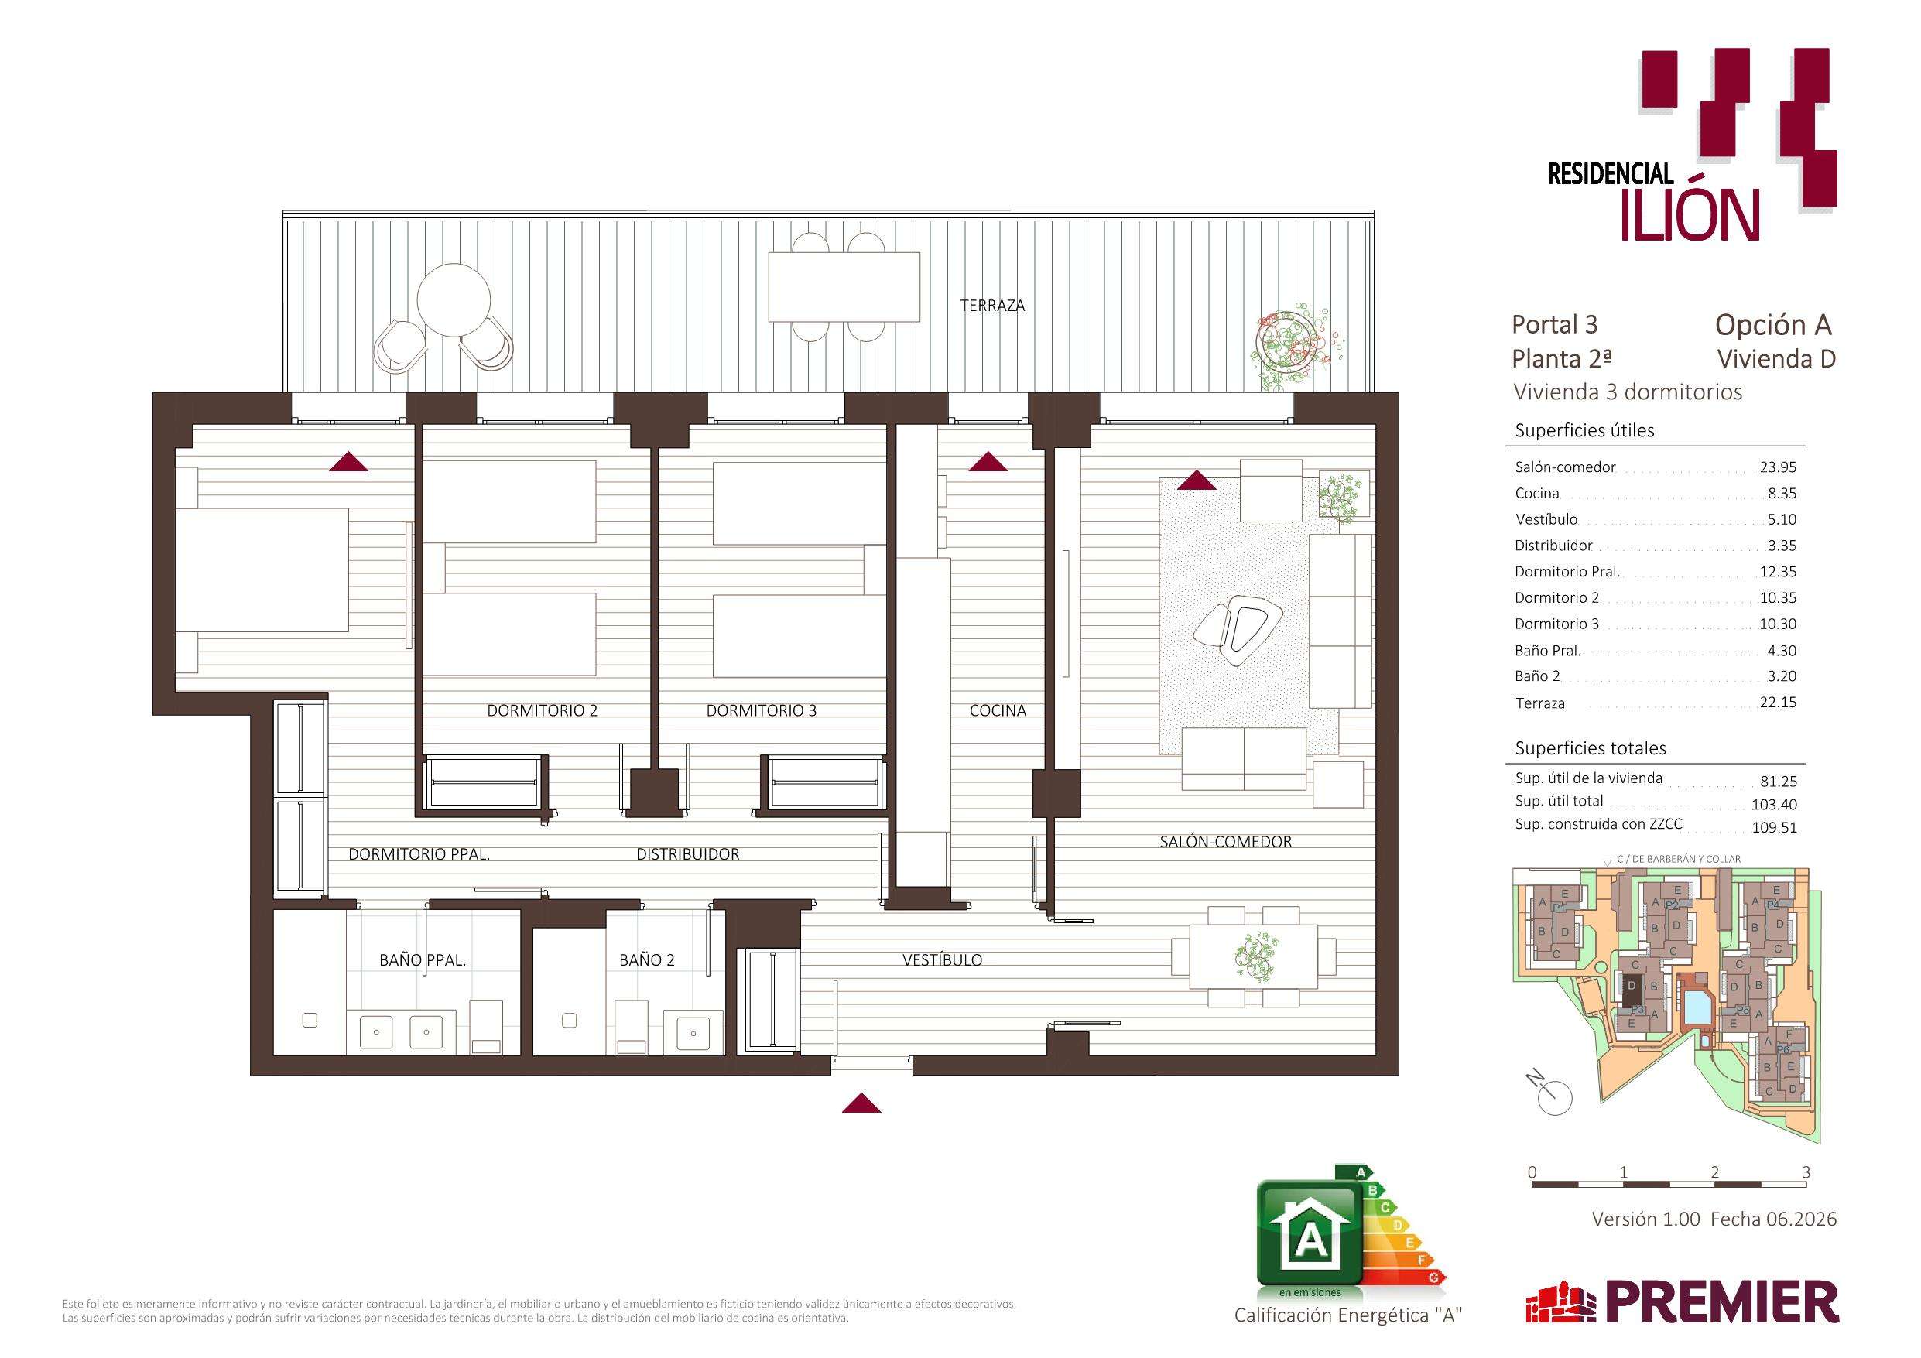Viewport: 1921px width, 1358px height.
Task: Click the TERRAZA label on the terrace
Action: point(991,306)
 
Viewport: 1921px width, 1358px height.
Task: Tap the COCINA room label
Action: point(998,710)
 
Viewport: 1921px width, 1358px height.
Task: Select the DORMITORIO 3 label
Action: point(761,710)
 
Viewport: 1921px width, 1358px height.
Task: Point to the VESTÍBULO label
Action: point(942,959)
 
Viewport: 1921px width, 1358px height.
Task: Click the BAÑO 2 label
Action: point(647,959)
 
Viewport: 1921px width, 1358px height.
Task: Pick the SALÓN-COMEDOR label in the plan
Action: point(1226,842)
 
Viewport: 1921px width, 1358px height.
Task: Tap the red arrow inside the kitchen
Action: point(988,462)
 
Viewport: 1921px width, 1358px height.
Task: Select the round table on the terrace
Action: point(454,300)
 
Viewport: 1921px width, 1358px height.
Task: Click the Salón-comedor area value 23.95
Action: point(1777,467)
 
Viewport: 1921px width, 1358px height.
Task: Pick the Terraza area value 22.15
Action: point(1778,703)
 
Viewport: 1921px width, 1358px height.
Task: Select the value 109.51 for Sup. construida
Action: point(1775,827)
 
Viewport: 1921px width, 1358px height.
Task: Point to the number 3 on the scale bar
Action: point(1806,1172)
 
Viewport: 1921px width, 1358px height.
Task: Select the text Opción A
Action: point(1773,325)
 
